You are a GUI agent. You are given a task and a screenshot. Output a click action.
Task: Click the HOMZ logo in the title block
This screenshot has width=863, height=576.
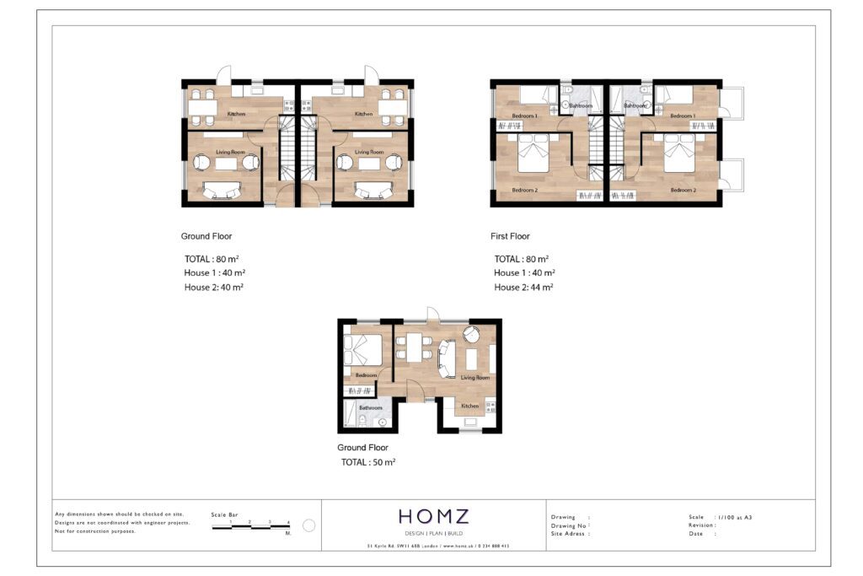point(434,516)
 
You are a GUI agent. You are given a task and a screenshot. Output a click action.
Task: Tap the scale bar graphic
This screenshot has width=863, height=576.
point(250,526)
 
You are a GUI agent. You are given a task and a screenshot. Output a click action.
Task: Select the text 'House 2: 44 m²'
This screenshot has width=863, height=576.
point(523,288)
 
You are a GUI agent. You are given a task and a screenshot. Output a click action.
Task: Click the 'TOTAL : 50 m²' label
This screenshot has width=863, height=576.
point(368,462)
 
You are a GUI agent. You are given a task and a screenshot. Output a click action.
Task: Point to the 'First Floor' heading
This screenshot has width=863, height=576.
point(510,236)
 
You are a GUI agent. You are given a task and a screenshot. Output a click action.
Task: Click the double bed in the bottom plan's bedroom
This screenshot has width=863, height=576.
point(363,347)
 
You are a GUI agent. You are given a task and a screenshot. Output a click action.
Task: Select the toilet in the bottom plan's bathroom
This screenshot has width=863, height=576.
point(382,421)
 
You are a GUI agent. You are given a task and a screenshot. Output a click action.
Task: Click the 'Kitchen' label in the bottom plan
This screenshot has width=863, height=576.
point(469,406)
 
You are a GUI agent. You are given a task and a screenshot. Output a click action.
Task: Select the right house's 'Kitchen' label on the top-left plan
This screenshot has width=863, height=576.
point(363,114)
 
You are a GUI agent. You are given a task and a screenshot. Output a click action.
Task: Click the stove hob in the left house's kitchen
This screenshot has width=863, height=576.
point(288,105)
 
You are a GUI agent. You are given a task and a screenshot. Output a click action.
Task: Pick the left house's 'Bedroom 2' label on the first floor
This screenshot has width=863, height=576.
point(524,190)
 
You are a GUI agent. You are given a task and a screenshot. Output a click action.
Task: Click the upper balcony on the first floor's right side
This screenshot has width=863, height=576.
point(732,101)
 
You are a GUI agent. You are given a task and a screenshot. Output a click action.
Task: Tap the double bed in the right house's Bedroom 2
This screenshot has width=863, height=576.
point(678,158)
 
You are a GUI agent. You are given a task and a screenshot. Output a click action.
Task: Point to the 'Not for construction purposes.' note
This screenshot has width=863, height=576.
point(94,530)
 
